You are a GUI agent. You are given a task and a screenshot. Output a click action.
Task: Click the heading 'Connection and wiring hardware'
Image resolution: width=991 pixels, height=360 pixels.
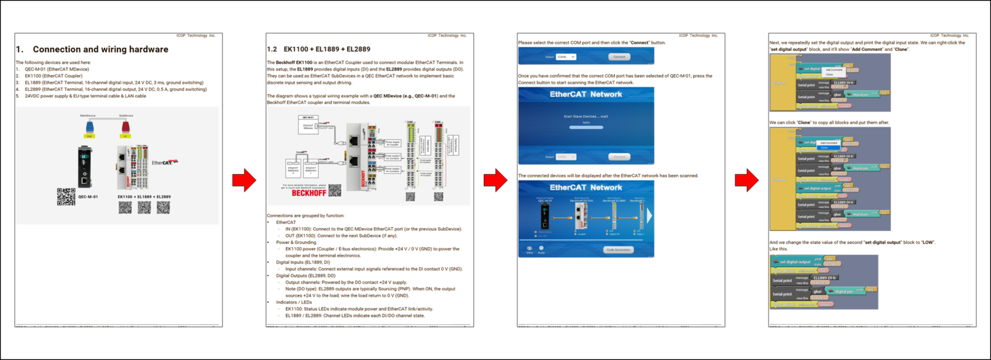tap(100, 50)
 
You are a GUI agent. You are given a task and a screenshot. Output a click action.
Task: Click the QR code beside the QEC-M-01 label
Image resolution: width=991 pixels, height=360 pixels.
tap(66, 196)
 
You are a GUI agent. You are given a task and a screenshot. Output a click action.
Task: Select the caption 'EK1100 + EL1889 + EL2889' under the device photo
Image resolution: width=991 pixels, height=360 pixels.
tap(144, 196)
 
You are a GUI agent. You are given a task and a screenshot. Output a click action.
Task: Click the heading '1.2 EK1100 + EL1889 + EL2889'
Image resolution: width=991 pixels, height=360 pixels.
tap(318, 49)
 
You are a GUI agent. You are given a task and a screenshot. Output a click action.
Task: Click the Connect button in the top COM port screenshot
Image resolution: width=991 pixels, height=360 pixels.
tap(619, 57)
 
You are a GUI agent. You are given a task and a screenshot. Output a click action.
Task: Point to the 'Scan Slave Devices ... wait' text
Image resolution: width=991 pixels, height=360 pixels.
tap(586, 116)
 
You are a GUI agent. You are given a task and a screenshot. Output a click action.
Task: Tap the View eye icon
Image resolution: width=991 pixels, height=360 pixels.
tap(530, 248)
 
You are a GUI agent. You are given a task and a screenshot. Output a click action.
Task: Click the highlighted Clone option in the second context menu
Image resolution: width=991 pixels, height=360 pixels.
tap(824, 147)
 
